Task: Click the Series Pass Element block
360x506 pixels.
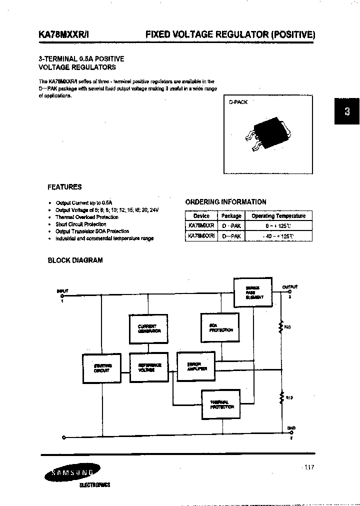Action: [252, 292]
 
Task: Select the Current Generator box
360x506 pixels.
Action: [148, 328]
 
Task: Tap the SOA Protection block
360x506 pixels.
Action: [220, 327]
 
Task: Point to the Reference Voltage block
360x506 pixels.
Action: [148, 367]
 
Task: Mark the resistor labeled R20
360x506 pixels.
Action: [280, 327]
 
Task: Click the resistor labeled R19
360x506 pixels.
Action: [280, 398]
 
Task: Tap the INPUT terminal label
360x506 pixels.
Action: [62, 290]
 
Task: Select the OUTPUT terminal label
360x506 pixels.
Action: [289, 287]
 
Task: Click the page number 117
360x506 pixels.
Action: [308, 467]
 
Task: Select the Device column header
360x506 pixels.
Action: [201, 216]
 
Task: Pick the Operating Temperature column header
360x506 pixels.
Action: [278, 216]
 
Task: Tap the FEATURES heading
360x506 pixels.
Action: [64, 187]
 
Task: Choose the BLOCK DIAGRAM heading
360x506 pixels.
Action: [75, 260]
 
